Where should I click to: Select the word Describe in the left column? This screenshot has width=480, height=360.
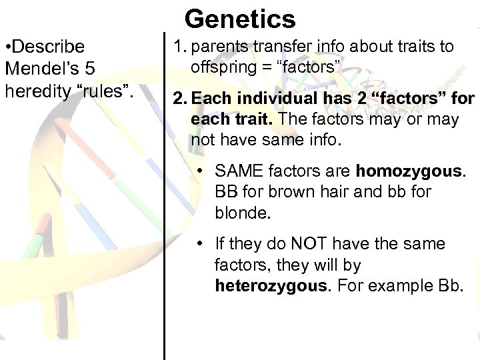pyautogui.click(x=47, y=47)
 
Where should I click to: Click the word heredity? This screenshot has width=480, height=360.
pyautogui.click(x=35, y=90)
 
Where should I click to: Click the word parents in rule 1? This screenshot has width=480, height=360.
pyautogui.click(x=218, y=47)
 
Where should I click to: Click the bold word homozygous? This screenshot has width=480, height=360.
pyautogui.click(x=408, y=171)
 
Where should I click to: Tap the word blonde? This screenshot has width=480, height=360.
pyautogui.click(x=239, y=213)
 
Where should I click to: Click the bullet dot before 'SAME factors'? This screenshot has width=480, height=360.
pyautogui.click(x=200, y=171)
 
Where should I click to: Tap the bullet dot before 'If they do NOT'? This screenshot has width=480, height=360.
pyautogui.click(x=200, y=245)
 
